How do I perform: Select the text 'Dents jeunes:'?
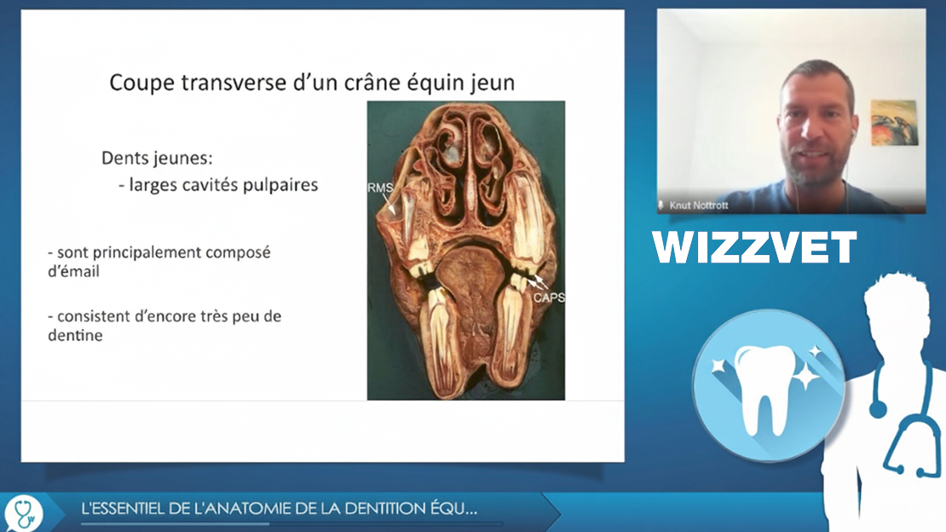pyautogui.click(x=157, y=159)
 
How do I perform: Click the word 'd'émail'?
pyautogui.click(x=73, y=271)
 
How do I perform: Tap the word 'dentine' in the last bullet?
pyautogui.click(x=75, y=335)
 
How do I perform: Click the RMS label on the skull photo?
pyautogui.click(x=380, y=188)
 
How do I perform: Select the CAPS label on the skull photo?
pyautogui.click(x=549, y=298)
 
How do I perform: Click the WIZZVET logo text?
pyautogui.click(x=754, y=247)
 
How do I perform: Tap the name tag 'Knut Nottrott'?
pyautogui.click(x=699, y=205)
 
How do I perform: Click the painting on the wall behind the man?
pyautogui.click(x=895, y=123)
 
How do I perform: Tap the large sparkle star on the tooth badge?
pyautogui.click(x=805, y=379)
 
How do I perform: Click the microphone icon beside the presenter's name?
pyautogui.click(x=661, y=205)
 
